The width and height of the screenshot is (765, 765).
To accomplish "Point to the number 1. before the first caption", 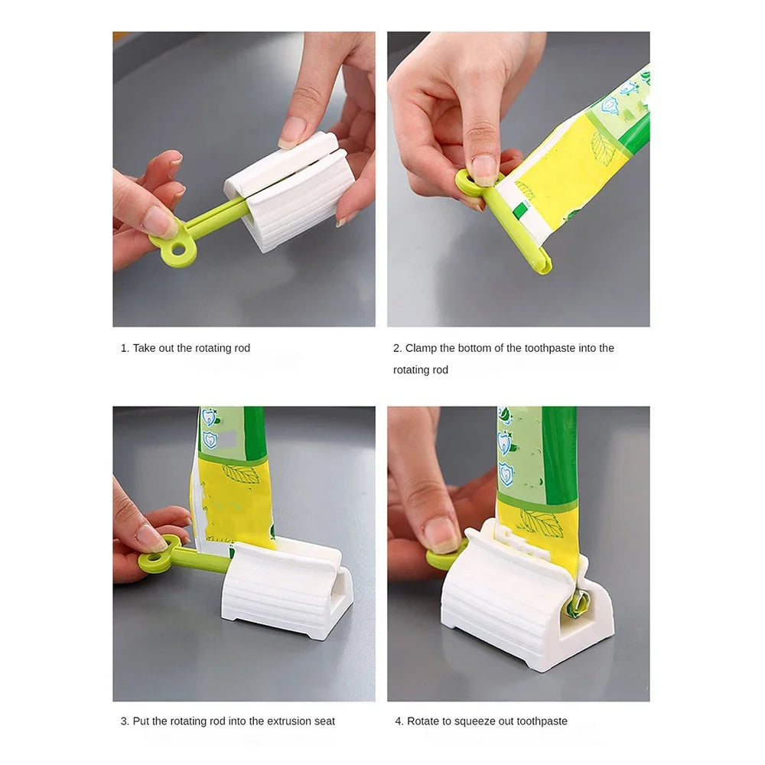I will [x=125, y=348].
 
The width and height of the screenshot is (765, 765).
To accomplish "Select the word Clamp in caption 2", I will [x=422, y=348].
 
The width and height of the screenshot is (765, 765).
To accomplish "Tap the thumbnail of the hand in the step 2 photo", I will [x=483, y=168].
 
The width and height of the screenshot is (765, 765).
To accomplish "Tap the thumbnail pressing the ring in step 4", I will [x=442, y=532].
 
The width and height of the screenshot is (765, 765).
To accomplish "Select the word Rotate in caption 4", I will [x=424, y=721].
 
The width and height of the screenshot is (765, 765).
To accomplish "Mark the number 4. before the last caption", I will [x=399, y=721].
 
